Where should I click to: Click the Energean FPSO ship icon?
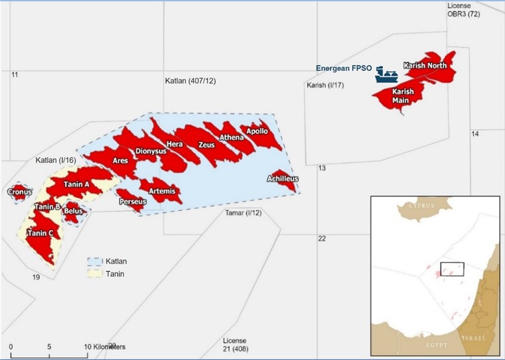[383, 76]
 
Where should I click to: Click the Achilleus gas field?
[283, 179]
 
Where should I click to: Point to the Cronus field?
[19, 192]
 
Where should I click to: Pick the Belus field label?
[73, 211]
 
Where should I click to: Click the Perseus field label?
[132, 202]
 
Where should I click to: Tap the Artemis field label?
[163, 191]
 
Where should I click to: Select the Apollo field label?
[257, 131]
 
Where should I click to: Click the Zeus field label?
[206, 145]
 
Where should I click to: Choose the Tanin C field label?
[40, 233]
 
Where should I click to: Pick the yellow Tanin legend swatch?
[95, 274]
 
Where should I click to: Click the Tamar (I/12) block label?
[244, 213]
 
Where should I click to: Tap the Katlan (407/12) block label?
[190, 81]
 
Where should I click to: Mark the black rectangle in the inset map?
[451, 269]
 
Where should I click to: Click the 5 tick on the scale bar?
[49, 347]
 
